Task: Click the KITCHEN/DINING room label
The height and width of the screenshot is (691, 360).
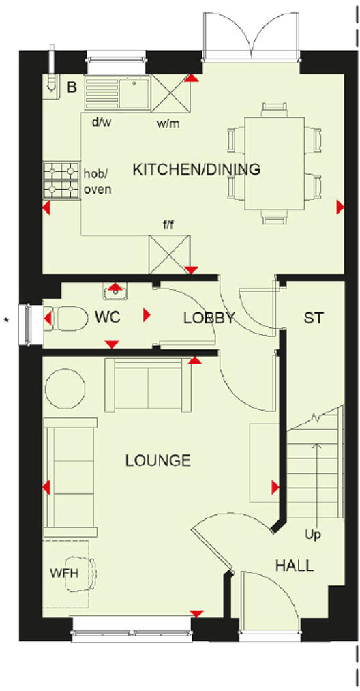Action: tap(196, 169)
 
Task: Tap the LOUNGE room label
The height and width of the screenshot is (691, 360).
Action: tap(157, 461)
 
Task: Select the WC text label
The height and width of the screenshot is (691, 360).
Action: tap(108, 318)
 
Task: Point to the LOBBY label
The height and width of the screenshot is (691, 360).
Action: tap(209, 318)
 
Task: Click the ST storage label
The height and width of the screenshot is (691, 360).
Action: tap(314, 318)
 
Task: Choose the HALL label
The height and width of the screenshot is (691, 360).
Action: tap(295, 565)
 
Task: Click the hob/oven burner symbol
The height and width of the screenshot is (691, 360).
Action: tap(62, 180)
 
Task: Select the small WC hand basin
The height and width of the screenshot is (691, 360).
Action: tap(115, 292)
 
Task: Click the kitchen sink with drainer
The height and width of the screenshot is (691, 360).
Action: tap(117, 93)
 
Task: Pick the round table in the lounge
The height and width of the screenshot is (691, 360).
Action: tap(65, 388)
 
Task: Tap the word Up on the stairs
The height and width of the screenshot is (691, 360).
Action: tap(313, 534)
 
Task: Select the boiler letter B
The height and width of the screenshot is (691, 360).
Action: tap(71, 87)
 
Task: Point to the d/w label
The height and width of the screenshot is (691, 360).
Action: tap(101, 123)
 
